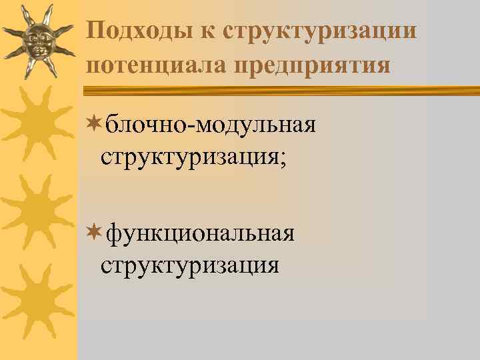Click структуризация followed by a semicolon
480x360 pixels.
pos(190,158)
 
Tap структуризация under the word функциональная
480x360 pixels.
pos(190,266)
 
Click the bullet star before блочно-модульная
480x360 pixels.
pos(94,123)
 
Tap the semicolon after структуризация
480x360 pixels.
pos(283,160)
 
